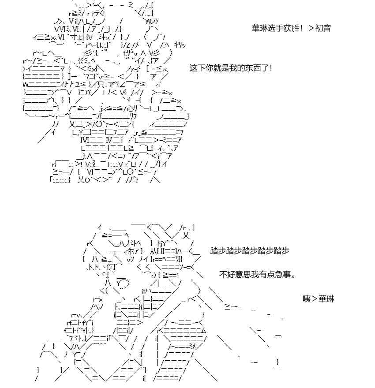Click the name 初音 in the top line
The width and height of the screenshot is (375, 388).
[323, 28]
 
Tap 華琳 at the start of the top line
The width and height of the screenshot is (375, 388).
[260, 28]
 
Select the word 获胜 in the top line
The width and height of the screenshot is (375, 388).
[291, 28]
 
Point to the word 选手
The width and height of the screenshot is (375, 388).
[275, 28]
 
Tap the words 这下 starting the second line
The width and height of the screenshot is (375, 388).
[197, 68]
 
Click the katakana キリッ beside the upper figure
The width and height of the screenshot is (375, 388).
[180, 45]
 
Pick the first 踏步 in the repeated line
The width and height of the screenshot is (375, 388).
[218, 250]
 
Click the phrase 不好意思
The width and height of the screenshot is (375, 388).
[235, 274]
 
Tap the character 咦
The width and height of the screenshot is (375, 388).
[307, 298]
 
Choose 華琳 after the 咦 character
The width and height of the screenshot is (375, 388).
[326, 298]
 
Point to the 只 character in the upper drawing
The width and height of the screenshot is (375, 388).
[101, 85]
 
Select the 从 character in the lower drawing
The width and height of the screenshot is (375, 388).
[154, 251]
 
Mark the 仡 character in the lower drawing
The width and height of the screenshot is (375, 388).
[111, 267]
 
